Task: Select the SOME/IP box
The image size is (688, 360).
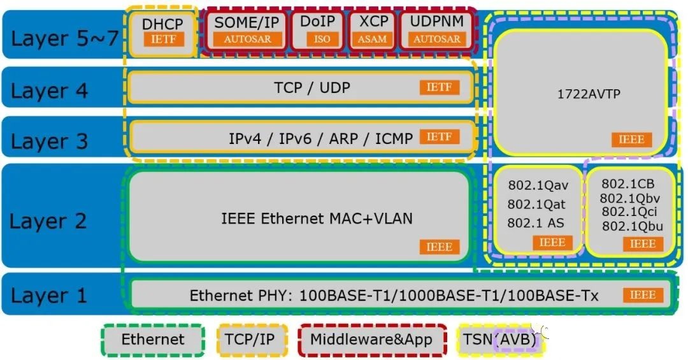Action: click(246, 31)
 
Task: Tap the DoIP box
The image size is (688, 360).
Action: click(317, 31)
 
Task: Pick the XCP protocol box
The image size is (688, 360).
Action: click(373, 31)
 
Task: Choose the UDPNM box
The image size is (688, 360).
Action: click(436, 31)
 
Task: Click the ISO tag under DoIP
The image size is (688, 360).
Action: click(322, 39)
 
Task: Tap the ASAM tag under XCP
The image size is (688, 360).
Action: click(372, 39)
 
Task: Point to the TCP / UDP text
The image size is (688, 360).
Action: click(312, 88)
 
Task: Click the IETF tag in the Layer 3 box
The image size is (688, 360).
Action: click(439, 137)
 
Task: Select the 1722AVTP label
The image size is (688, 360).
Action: click(589, 94)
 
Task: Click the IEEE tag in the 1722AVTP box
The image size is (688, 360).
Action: click(631, 140)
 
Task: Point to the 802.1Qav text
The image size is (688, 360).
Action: click(538, 185)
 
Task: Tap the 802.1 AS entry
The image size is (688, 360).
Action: click(535, 223)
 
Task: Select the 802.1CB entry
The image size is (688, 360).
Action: click(628, 184)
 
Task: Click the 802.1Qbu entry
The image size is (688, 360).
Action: click(633, 226)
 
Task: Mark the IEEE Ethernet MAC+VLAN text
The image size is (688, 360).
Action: click(317, 218)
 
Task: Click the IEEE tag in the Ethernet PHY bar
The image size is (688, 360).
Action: click(642, 295)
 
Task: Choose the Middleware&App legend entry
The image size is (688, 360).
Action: click(371, 340)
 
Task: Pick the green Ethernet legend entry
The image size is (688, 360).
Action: click(153, 340)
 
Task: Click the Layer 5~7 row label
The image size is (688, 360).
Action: click(64, 39)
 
